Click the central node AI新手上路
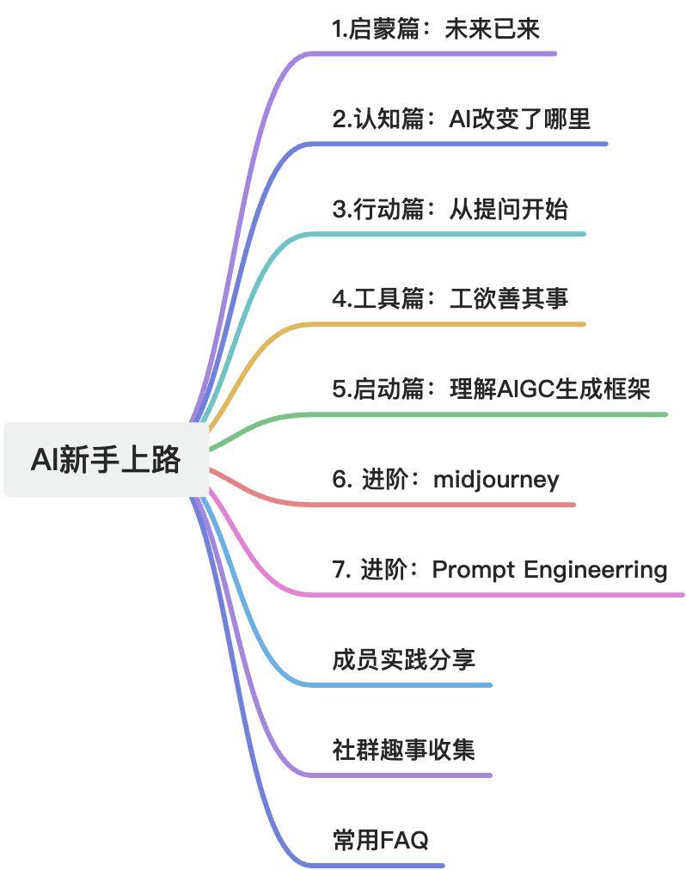click(106, 460)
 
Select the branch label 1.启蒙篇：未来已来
click(436, 29)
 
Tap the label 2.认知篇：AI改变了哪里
click(462, 119)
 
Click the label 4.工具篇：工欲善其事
click(450, 299)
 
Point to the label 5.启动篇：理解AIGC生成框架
click(491, 389)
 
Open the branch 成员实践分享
click(403, 659)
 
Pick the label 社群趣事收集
click(403, 749)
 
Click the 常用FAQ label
click(380, 839)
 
